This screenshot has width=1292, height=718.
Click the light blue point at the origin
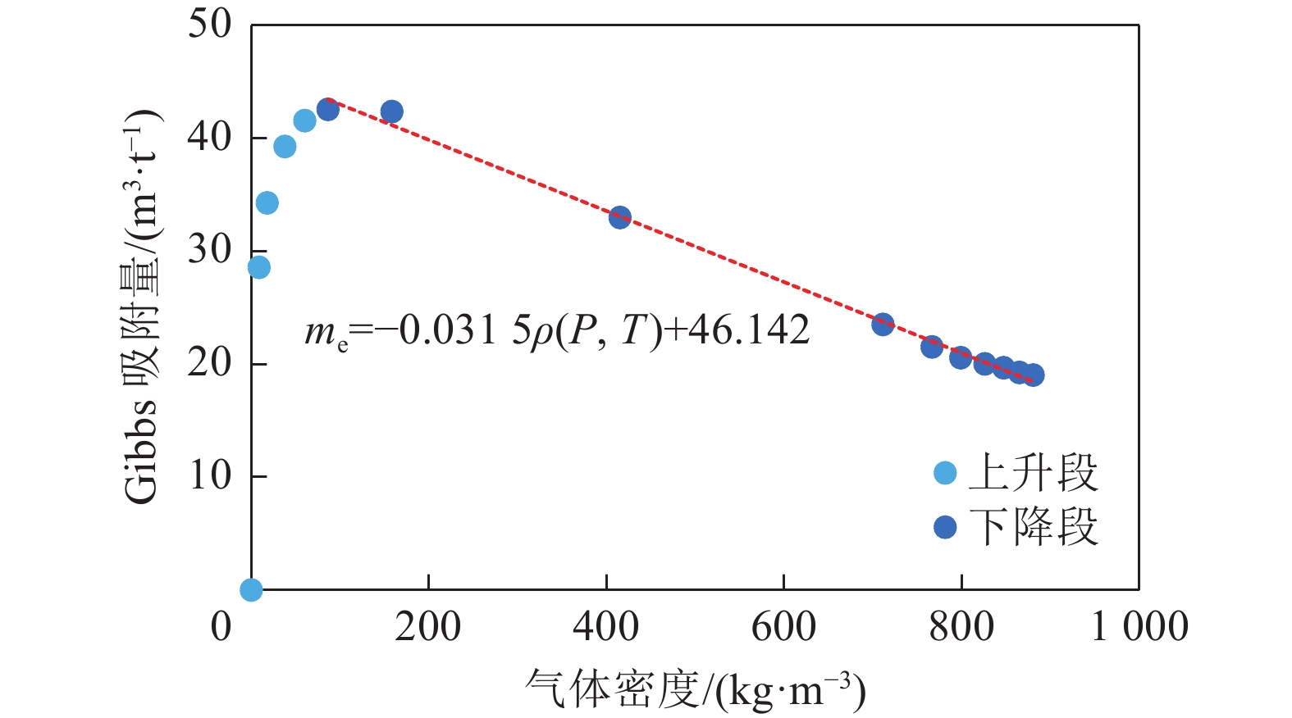[251, 589]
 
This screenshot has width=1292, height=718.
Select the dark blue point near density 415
[620, 217]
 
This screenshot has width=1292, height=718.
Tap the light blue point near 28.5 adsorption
[258, 267]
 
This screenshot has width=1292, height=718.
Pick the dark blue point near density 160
[392, 111]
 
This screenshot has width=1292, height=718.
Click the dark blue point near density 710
[883, 324]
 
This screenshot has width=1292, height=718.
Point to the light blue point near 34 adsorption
[267, 202]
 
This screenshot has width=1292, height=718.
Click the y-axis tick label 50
[210, 25]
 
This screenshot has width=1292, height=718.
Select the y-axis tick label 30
[210, 250]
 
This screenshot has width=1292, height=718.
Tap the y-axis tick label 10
[210, 475]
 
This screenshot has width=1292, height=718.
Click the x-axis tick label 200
[427, 627]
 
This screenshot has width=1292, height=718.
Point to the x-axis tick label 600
[783, 627]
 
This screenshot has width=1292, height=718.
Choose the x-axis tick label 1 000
[1139, 627]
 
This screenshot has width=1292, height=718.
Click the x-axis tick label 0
[221, 627]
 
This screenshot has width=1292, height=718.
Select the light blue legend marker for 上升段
[945, 473]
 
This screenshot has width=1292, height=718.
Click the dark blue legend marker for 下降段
[945, 527]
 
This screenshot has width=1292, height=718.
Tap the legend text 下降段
[1034, 527]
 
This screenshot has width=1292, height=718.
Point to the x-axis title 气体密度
[612, 689]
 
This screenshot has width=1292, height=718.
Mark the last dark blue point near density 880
[1034, 375]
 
